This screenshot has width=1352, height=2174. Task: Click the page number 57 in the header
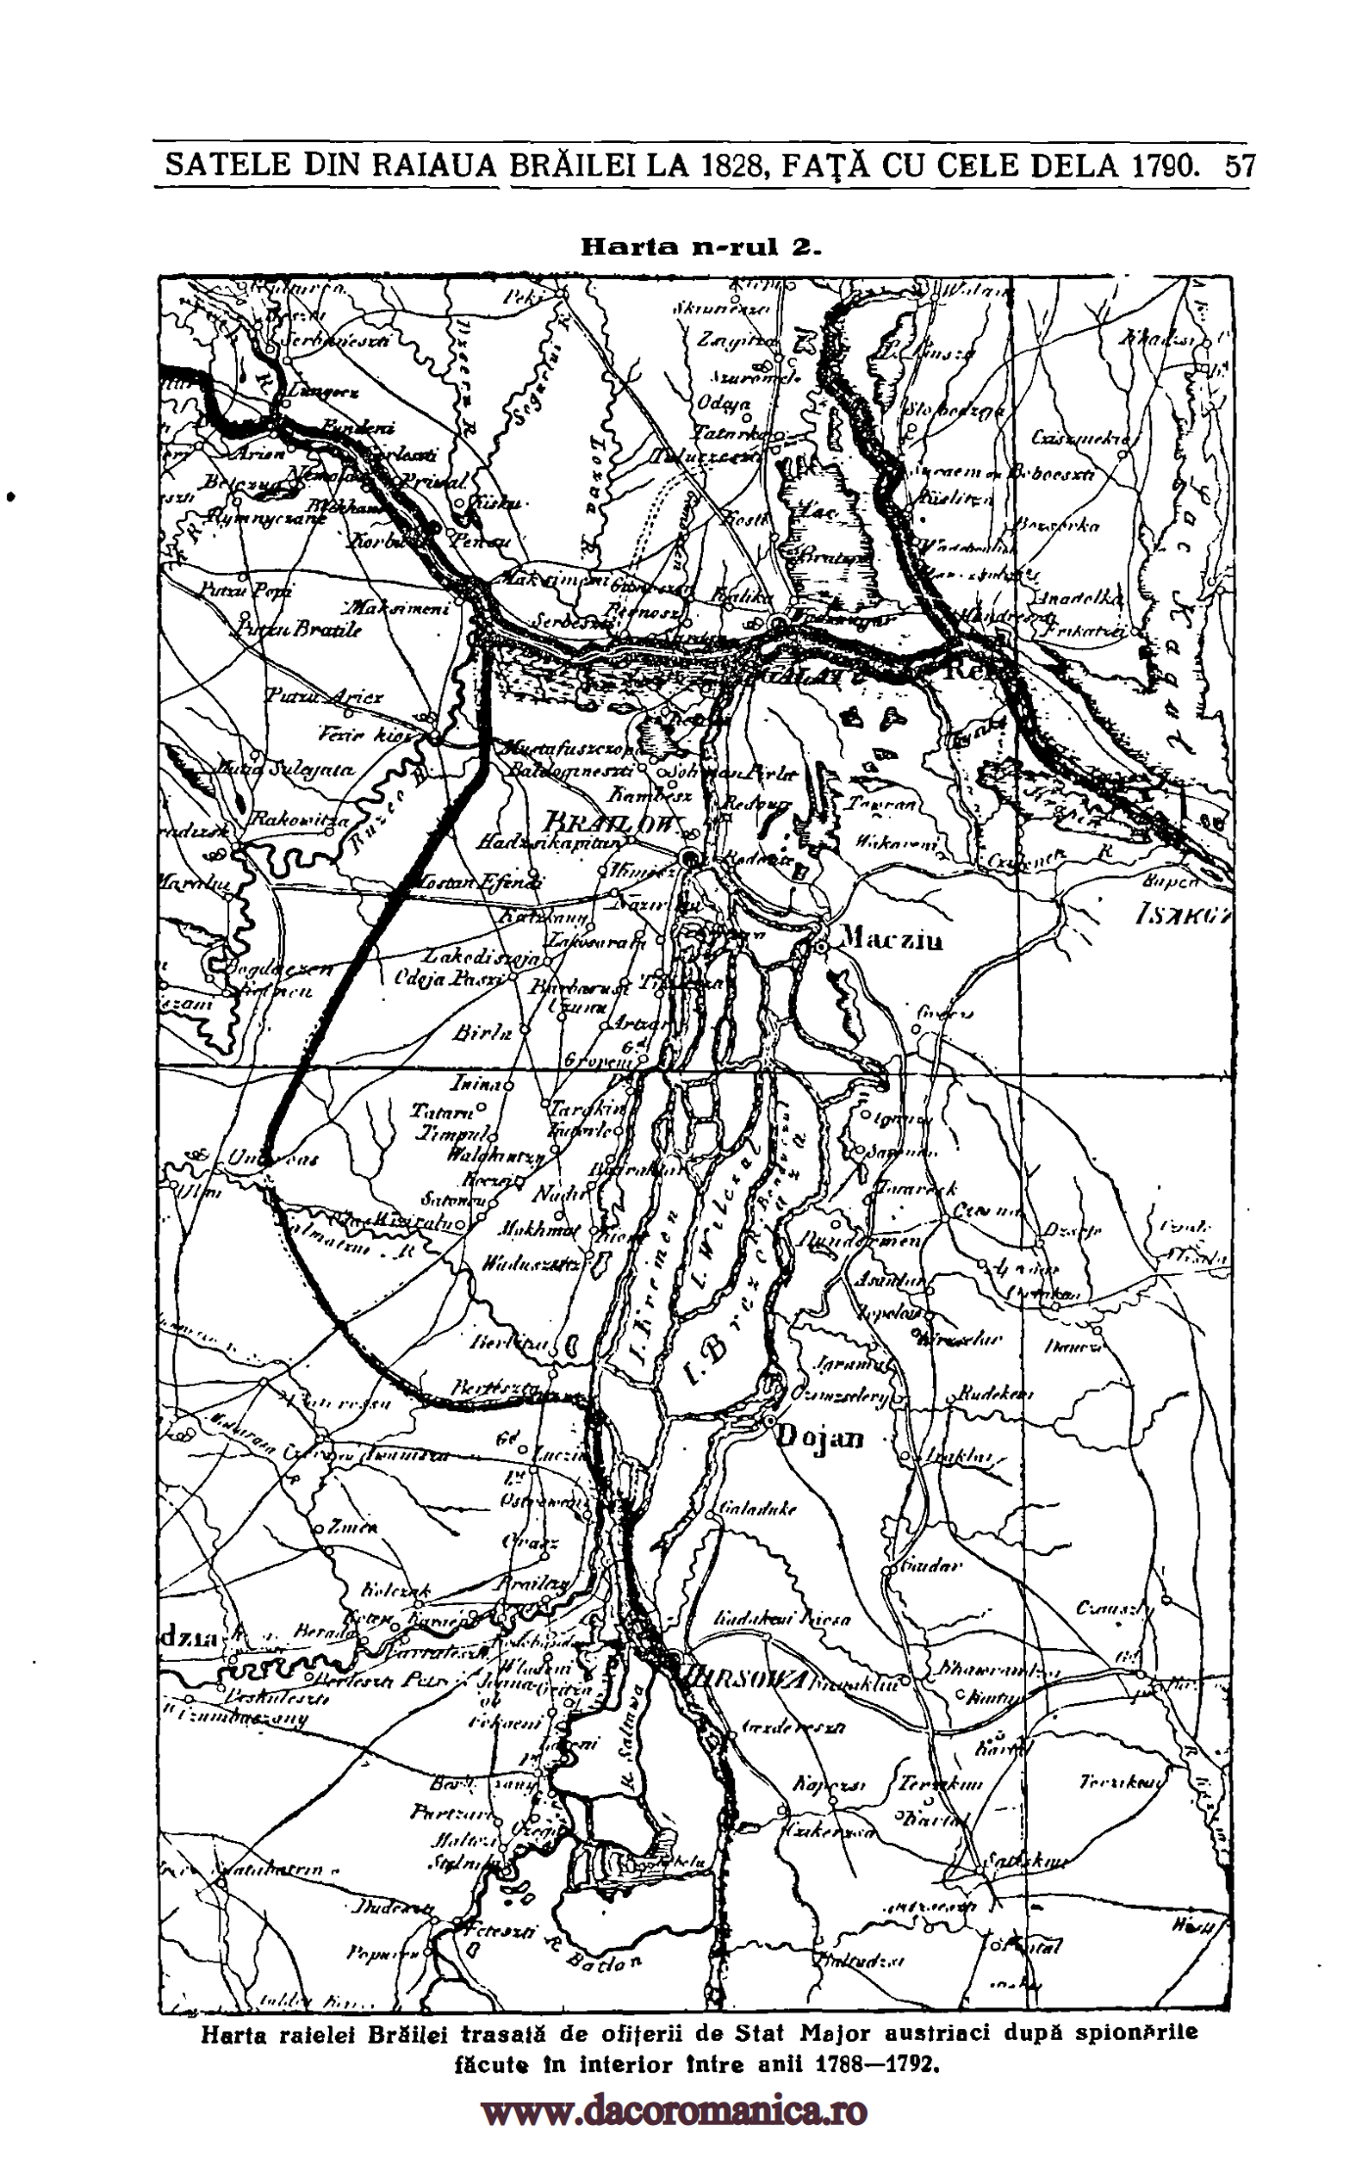click(1238, 165)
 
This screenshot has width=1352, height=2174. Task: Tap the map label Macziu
click(892, 941)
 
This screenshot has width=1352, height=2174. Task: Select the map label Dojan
click(821, 1438)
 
